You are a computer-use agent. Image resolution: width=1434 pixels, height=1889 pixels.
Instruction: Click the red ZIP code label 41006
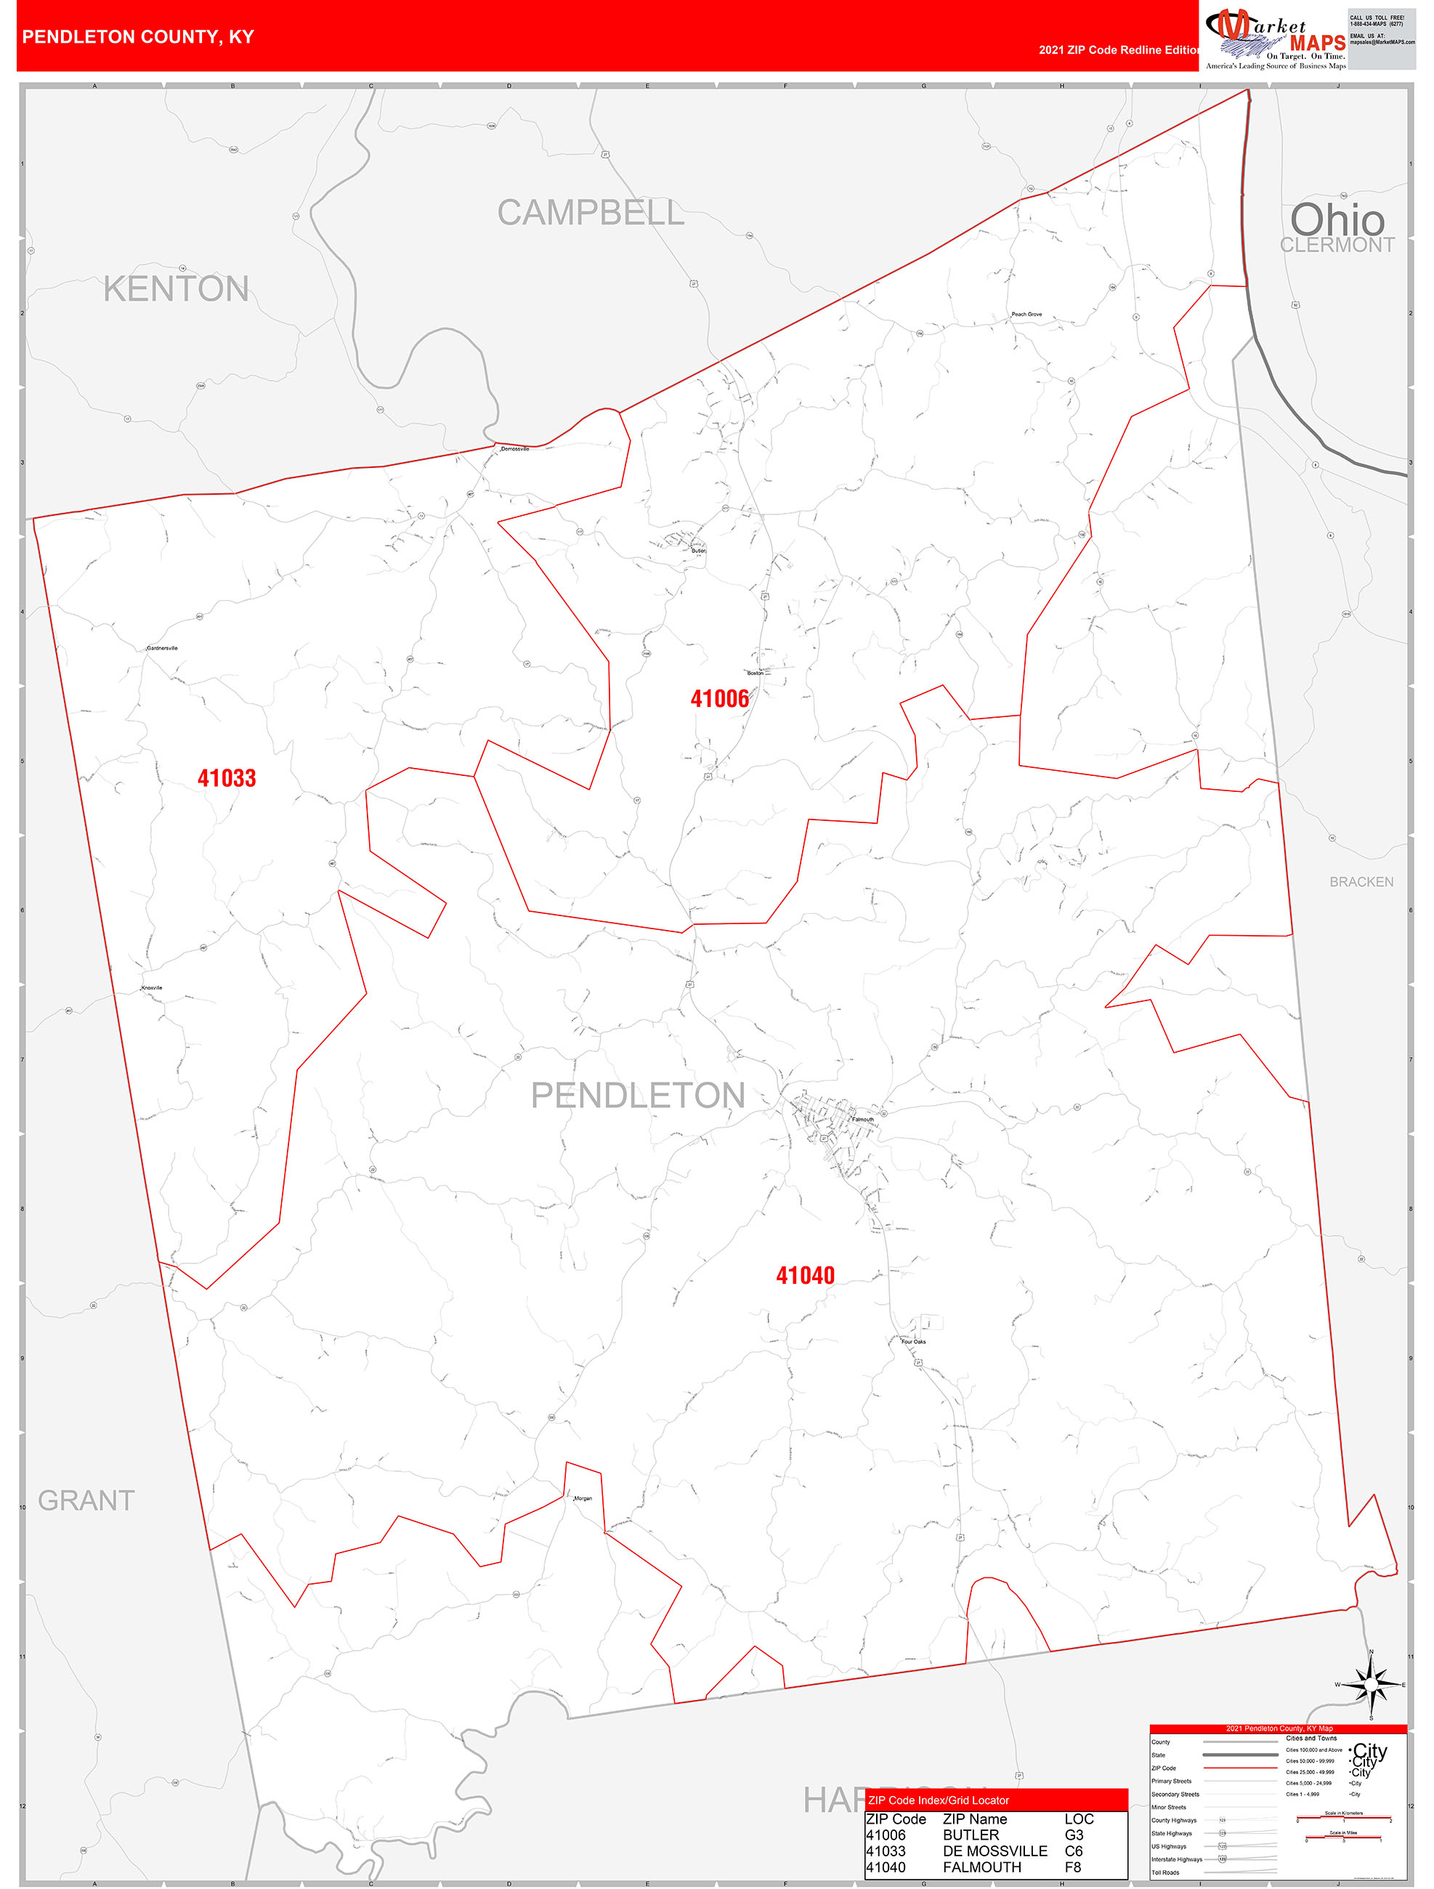(719, 698)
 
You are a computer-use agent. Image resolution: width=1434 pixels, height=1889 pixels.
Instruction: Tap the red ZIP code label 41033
(227, 778)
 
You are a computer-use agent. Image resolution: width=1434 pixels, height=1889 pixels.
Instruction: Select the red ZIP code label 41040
(805, 1276)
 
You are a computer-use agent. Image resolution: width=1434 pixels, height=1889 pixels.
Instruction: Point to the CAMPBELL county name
(590, 213)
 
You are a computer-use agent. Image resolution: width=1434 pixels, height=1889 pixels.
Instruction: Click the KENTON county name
(176, 288)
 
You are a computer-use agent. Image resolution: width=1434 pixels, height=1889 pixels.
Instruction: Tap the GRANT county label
(86, 1500)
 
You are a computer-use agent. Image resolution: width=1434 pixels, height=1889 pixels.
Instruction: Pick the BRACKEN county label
(1361, 882)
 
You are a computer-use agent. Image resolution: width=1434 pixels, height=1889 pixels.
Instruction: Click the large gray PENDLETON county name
(638, 1096)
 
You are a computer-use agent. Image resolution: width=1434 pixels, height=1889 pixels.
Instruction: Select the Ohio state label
(1337, 219)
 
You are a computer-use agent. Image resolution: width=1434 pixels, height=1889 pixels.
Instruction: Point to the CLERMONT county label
(1337, 245)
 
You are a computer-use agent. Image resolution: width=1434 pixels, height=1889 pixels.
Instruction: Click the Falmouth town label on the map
(862, 1120)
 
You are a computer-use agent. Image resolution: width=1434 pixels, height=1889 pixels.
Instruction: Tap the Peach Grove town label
(1026, 315)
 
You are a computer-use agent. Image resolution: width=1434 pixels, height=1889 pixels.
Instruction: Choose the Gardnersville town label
(162, 648)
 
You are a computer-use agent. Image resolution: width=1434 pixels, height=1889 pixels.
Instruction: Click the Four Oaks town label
(913, 1342)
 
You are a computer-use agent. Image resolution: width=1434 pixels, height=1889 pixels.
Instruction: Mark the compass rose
(1371, 1685)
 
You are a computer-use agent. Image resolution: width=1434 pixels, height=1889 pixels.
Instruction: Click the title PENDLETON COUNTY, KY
(137, 37)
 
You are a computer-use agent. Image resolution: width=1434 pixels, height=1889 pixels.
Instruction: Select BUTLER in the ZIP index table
(971, 1835)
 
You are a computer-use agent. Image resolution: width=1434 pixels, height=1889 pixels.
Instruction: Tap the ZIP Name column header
(974, 1819)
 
